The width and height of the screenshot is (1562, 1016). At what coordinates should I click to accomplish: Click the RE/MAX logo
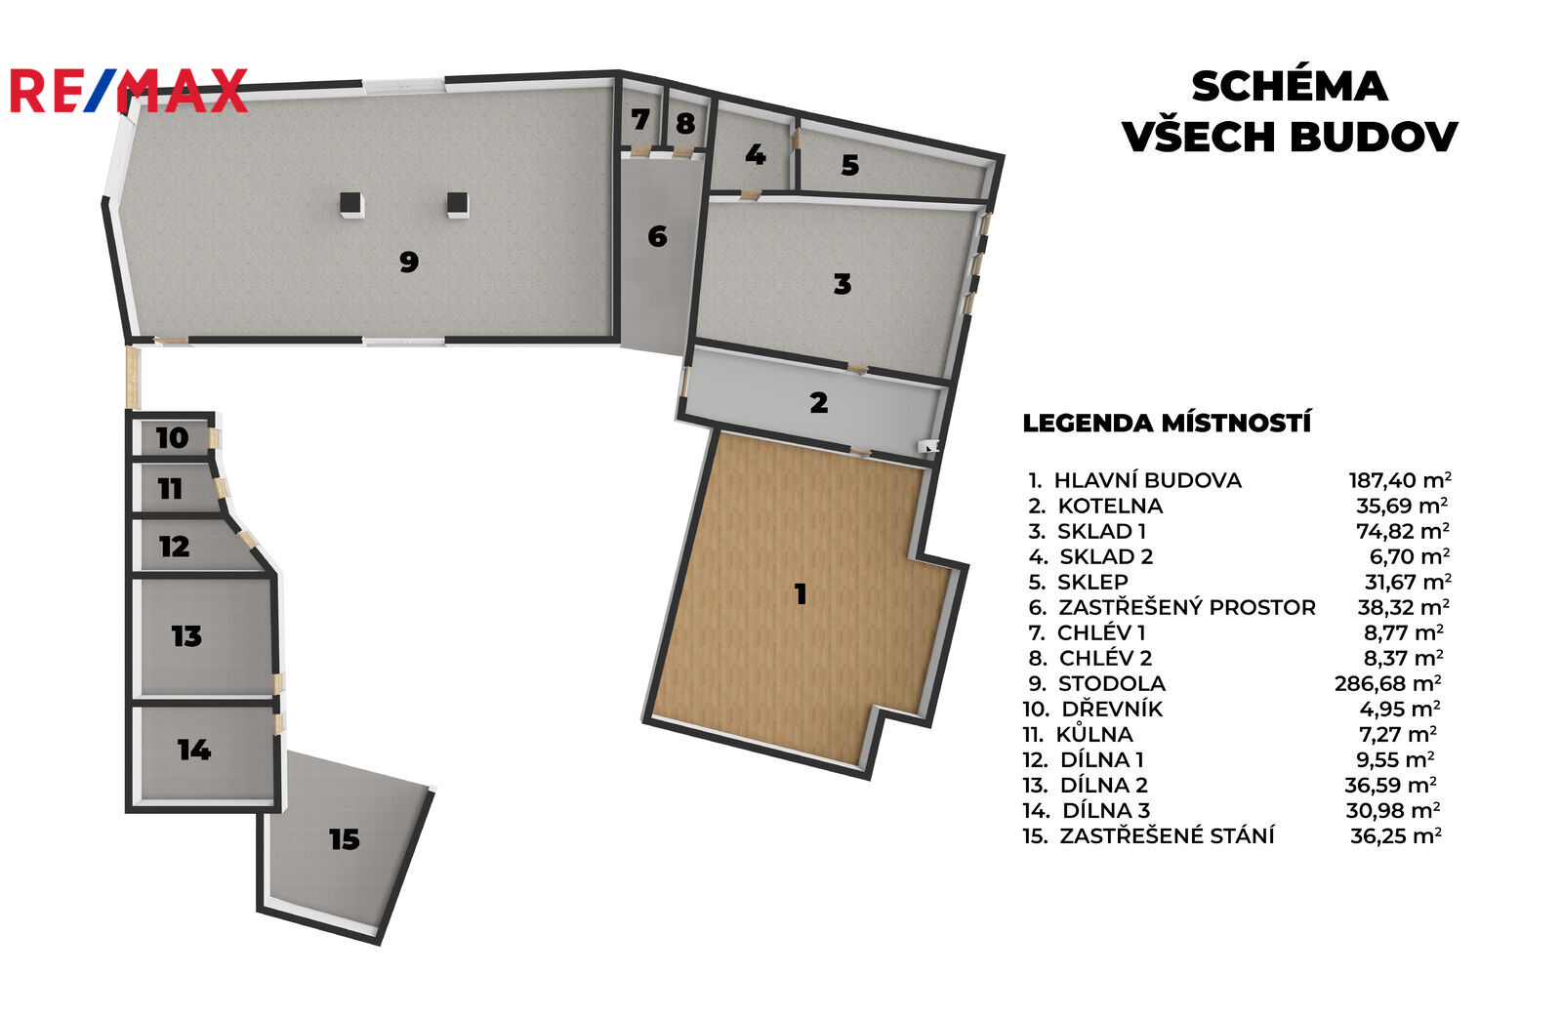click(129, 91)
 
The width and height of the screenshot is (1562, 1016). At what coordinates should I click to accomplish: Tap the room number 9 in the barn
click(409, 262)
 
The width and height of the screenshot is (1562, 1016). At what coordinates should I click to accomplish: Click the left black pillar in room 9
click(351, 204)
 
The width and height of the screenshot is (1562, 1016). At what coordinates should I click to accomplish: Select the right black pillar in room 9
click(458, 204)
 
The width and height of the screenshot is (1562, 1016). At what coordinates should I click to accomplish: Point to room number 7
click(640, 120)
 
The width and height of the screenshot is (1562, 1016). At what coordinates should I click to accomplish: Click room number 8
click(685, 124)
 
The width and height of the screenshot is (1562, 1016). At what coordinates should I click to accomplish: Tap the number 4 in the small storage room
click(756, 155)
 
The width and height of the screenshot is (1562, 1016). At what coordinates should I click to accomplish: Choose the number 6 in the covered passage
click(658, 237)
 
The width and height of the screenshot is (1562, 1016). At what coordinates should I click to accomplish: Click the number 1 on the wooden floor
click(801, 594)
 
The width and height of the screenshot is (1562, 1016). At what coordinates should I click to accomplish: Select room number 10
click(172, 438)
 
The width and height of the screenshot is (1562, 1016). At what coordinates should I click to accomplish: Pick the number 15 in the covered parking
click(345, 839)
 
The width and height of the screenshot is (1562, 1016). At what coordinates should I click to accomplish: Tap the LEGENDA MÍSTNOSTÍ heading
click(1167, 424)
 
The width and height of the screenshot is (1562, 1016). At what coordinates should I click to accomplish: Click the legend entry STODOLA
click(1112, 683)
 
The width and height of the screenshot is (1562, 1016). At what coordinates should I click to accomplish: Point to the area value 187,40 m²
click(1400, 480)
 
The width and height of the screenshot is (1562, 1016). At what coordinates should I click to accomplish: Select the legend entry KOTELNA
click(1110, 506)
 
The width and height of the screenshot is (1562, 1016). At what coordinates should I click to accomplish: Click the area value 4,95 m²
click(1400, 709)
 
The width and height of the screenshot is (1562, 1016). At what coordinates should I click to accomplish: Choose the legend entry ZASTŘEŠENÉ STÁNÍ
click(1167, 835)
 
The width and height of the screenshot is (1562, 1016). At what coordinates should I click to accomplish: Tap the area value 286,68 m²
click(1388, 683)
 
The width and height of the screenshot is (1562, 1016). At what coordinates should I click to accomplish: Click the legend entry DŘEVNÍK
click(1112, 709)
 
